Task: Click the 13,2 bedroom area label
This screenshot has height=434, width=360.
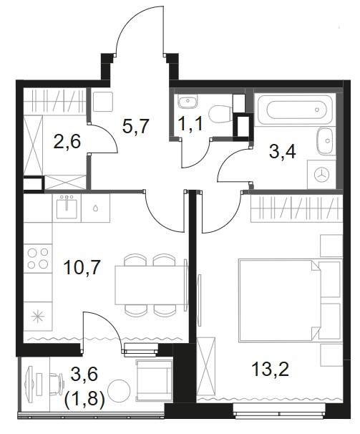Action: [271, 369]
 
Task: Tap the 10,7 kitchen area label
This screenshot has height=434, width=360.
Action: [82, 268]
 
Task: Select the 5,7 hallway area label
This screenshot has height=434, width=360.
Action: [136, 126]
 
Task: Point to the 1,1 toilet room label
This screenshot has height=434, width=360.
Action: [190, 123]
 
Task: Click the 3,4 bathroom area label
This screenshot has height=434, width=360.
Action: [282, 152]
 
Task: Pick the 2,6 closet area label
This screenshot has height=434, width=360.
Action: [67, 141]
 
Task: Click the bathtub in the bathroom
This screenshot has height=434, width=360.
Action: [295, 110]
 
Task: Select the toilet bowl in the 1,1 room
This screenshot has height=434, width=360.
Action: [220, 113]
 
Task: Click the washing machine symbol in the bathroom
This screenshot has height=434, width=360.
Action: [321, 174]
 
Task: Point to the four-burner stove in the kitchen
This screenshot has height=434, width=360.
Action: [38, 259]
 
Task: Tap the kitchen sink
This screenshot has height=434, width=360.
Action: [67, 207]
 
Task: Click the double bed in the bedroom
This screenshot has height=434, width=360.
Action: [280, 300]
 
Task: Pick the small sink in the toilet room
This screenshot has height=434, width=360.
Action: [188, 101]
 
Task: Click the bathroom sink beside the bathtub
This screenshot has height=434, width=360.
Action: [325, 141]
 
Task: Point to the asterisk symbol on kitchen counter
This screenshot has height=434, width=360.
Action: [38, 317]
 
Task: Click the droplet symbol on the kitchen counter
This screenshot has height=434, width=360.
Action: [95, 208]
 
